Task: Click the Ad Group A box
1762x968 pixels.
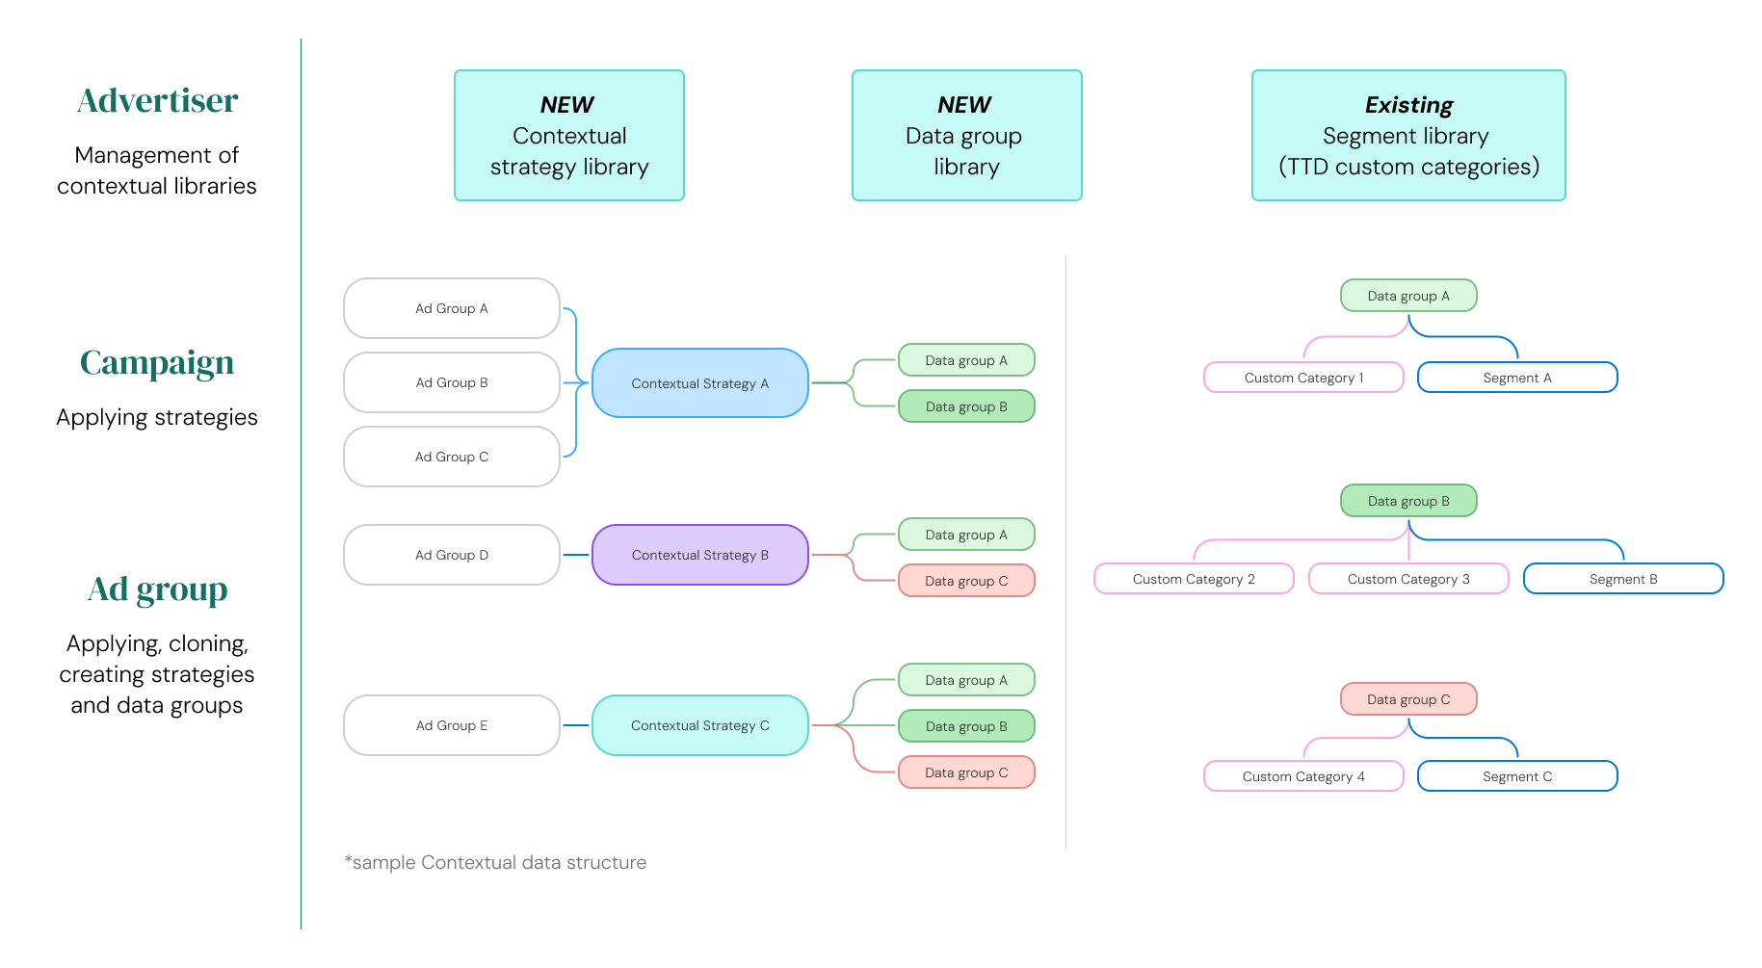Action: [x=451, y=308]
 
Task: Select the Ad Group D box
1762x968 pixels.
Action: [x=451, y=555]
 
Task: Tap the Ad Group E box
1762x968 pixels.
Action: [x=451, y=725]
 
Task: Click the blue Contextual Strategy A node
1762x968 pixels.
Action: [x=699, y=383]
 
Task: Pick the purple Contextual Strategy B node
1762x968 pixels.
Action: [x=699, y=555]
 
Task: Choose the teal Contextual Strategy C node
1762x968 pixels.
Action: [x=699, y=725]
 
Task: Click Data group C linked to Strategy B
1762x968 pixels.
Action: [x=966, y=581]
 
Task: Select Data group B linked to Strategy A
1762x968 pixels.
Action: [x=966, y=406]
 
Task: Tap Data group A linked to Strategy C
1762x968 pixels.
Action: [x=966, y=680]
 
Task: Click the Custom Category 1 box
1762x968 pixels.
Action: [x=1303, y=378]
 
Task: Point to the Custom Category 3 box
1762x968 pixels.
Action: [x=1408, y=579]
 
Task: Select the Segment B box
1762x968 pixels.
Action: [x=1623, y=579]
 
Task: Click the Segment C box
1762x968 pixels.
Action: [x=1517, y=776]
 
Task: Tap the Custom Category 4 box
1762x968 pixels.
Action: [x=1303, y=776]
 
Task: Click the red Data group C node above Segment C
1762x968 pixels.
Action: [x=1408, y=699]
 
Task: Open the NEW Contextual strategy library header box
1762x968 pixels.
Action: [x=569, y=135]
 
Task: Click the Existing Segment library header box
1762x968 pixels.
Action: [x=1408, y=135]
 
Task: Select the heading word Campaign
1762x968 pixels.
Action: [x=157, y=363]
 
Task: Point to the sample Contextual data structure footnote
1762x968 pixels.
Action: [x=495, y=863]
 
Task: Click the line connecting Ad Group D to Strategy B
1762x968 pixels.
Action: [x=576, y=555]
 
